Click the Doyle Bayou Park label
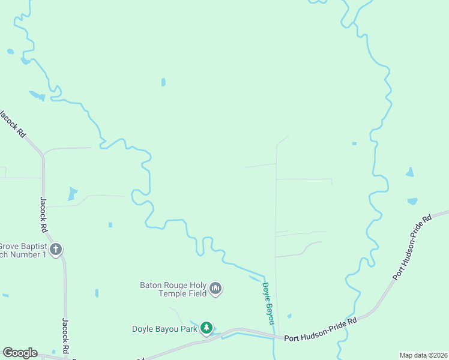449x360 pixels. (x=164, y=329)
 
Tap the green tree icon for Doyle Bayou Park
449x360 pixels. (x=206, y=328)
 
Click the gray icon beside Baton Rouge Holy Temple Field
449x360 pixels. (x=216, y=289)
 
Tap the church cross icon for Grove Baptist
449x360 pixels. (x=56, y=250)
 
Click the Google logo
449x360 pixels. (x=20, y=353)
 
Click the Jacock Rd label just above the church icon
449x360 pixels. (x=43, y=215)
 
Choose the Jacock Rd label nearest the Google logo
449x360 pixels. (x=65, y=336)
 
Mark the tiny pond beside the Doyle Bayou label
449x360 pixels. (x=289, y=316)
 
